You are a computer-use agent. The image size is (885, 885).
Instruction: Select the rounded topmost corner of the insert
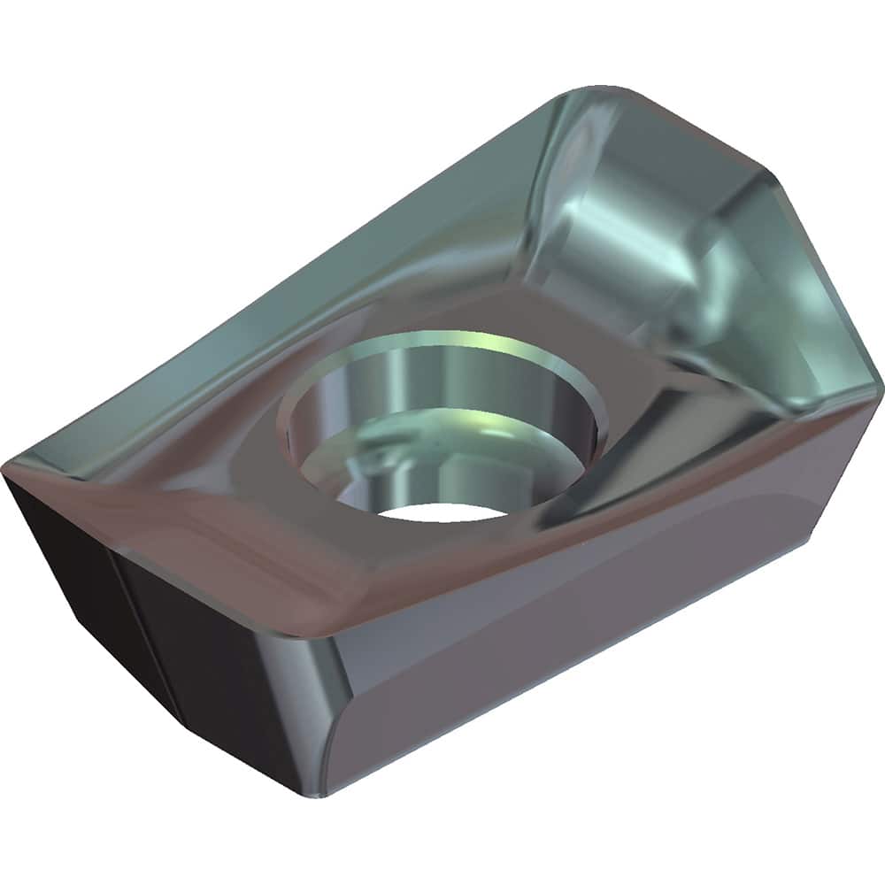coord(611,90)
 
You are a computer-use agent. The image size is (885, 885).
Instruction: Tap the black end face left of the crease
coord(71,566)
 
